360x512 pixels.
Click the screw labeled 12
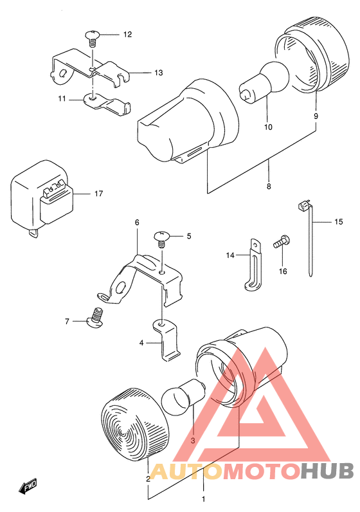pos(93,38)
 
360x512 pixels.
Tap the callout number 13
pos(158,73)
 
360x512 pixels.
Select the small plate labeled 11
pos(107,103)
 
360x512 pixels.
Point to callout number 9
pos(316,116)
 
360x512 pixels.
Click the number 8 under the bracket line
pos(269,187)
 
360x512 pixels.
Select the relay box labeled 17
pos(42,199)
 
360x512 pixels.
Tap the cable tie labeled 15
pos(308,239)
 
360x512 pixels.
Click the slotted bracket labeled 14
pos(253,264)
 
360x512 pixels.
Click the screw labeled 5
pos(161,239)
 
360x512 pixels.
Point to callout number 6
pos(137,223)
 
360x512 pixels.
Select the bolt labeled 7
pos(94,318)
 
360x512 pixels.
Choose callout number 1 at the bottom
pos(203,499)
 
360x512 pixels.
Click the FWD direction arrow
pos(28,486)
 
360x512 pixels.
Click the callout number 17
pos(98,194)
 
